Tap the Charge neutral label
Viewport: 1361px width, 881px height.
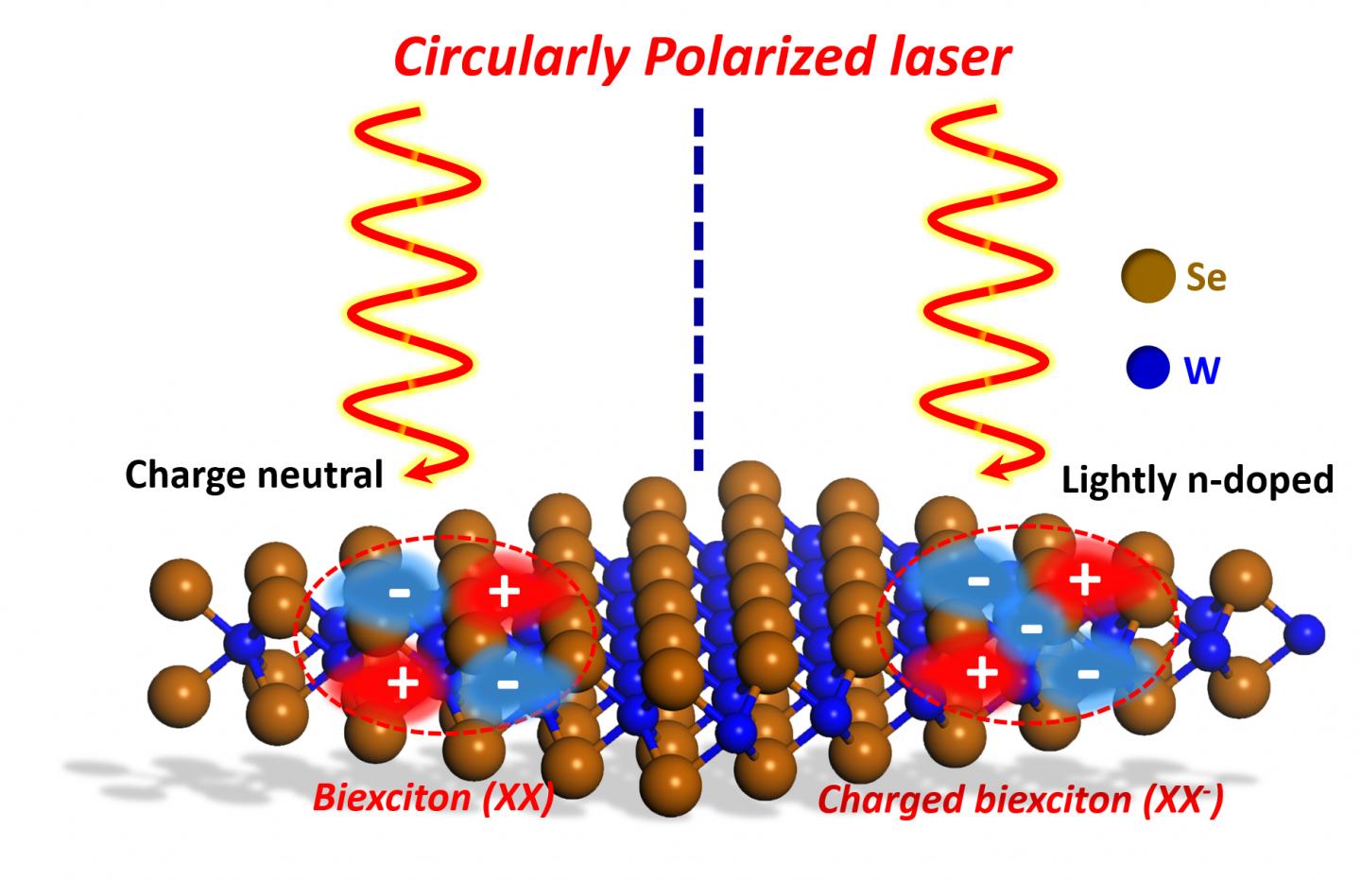point(254,474)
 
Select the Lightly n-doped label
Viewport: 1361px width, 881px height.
point(1197,480)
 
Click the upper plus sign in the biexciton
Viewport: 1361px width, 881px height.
point(504,593)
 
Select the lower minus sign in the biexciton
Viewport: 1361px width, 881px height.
point(508,680)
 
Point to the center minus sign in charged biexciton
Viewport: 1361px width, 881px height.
point(1032,628)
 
